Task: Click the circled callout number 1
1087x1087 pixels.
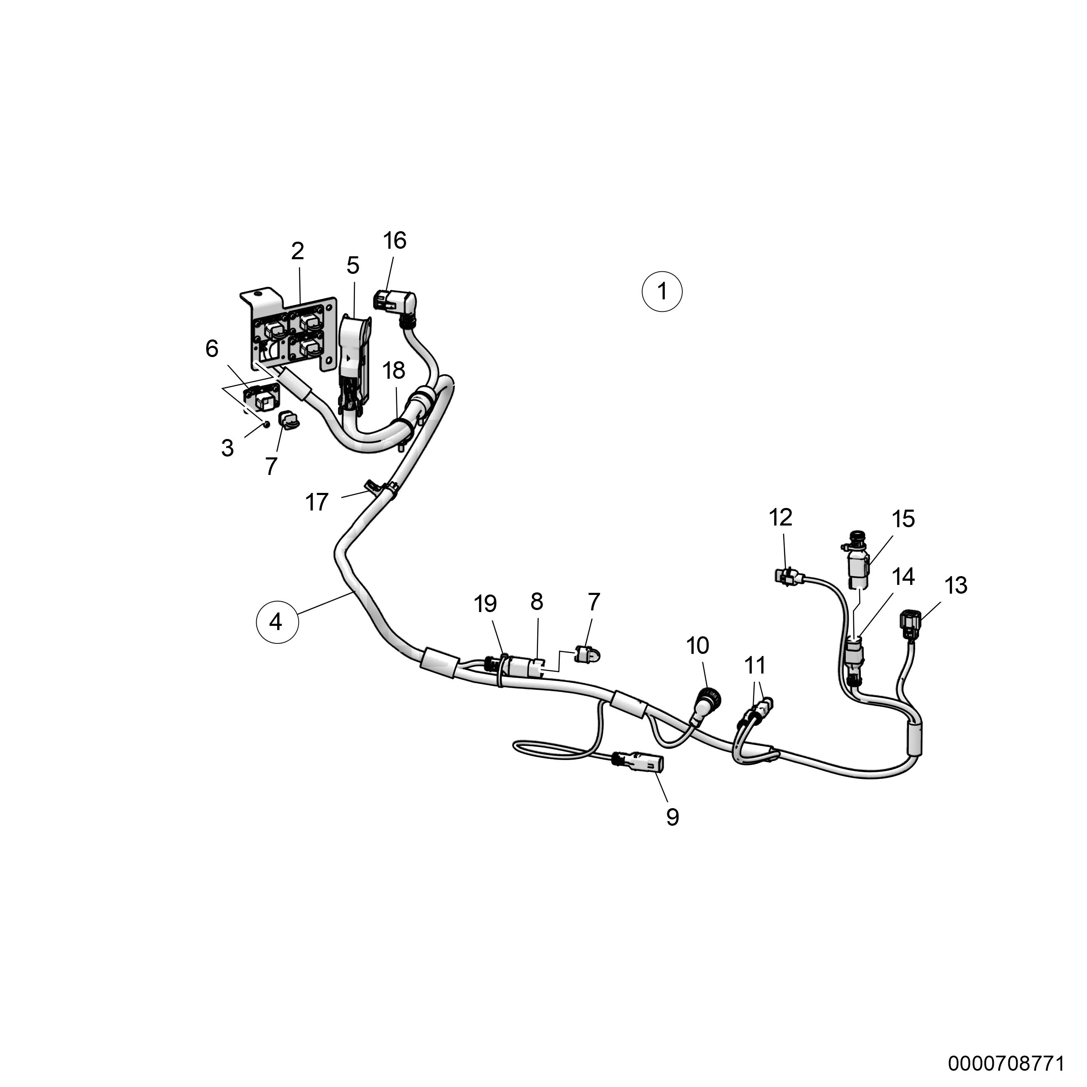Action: tap(662, 292)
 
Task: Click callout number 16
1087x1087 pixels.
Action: tap(394, 241)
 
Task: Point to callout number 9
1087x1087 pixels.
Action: tap(672, 817)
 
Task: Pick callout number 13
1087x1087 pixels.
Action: tap(956, 586)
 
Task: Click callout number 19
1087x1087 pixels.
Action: tap(485, 604)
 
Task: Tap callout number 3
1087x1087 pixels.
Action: tap(227, 449)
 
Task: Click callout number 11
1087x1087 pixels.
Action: tap(755, 666)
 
